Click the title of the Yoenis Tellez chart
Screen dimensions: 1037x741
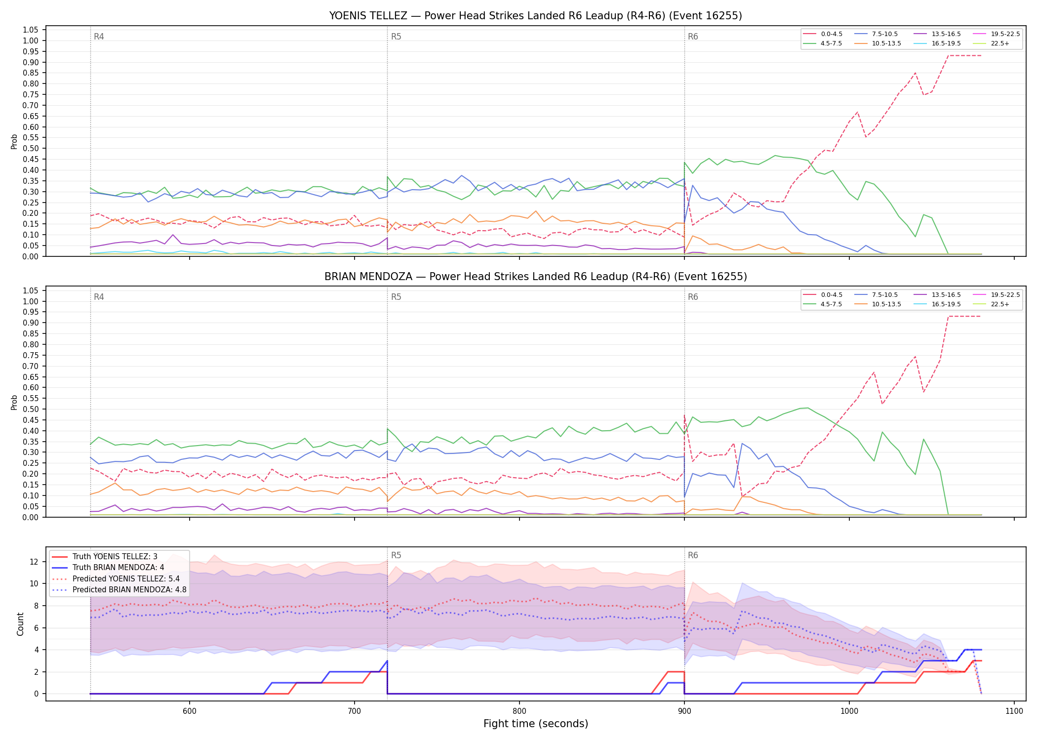[x=535, y=16]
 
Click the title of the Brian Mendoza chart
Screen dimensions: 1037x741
[x=535, y=277]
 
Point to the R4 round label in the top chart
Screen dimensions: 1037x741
[x=99, y=37]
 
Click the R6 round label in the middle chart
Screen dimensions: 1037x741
[x=693, y=297]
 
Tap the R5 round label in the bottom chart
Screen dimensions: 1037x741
[x=396, y=555]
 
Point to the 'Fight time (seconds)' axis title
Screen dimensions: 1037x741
[x=536, y=724]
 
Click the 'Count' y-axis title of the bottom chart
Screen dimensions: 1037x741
[x=20, y=624]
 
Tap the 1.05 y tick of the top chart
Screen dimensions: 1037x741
[x=31, y=30]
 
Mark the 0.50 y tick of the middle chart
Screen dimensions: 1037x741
[x=31, y=410]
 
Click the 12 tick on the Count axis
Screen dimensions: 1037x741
[x=34, y=562]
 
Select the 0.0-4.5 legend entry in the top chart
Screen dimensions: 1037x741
[x=822, y=34]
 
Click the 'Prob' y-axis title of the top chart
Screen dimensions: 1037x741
[x=14, y=141]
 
